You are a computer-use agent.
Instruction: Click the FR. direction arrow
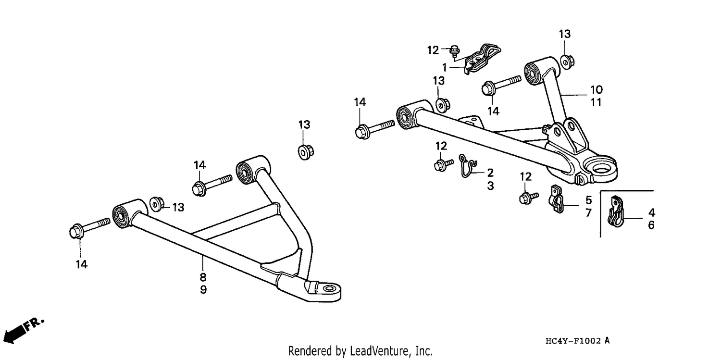23,330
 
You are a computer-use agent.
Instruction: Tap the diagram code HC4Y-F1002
573,341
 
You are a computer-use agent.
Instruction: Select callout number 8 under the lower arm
203,277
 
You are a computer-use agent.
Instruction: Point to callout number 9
203,289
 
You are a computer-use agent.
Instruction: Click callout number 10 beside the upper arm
597,89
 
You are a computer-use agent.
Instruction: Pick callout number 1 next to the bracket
445,68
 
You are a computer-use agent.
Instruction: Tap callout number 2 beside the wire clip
490,173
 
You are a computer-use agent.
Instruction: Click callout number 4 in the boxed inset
651,212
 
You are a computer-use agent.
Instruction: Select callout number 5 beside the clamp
588,200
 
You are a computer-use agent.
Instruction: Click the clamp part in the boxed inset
615,211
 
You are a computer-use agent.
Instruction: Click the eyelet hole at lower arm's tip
328,288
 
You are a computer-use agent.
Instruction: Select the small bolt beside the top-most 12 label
455,51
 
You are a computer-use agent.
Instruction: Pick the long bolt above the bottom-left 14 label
89,227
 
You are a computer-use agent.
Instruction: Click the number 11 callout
596,102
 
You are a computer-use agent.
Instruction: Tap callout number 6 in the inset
651,225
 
